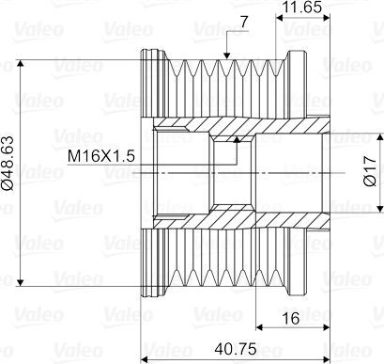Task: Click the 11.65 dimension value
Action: tap(301, 7)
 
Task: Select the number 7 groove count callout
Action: tap(244, 22)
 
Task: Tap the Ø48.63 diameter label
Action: tap(8, 163)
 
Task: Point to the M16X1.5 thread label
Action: tap(101, 156)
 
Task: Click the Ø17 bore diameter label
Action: tap(370, 171)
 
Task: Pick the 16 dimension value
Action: tap(291, 318)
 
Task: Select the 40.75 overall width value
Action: tap(236, 349)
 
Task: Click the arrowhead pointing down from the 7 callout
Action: tap(227, 55)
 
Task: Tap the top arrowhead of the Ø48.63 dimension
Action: tap(21, 63)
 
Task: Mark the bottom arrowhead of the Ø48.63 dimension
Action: tap(21, 282)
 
